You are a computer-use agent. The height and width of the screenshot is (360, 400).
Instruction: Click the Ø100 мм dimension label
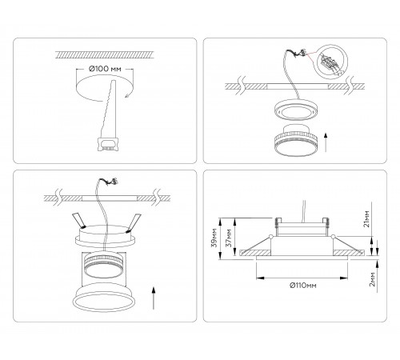(x=105, y=69)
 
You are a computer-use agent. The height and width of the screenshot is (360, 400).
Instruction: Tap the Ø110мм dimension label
(x=303, y=286)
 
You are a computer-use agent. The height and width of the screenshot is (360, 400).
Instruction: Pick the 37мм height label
(x=229, y=238)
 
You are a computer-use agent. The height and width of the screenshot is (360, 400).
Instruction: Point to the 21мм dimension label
(x=366, y=218)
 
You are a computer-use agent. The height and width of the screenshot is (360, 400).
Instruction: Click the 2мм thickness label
(x=372, y=279)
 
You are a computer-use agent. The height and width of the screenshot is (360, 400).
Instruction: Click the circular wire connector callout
(x=330, y=62)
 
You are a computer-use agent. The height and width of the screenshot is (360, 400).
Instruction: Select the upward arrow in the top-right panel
(x=326, y=142)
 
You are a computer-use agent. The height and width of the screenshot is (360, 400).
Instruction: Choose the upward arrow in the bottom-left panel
(x=154, y=298)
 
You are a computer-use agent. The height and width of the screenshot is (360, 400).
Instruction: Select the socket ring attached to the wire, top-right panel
(x=295, y=110)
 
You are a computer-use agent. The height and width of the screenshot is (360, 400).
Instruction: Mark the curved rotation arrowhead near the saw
(x=126, y=96)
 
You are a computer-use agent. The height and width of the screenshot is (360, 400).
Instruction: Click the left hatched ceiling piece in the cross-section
(x=255, y=253)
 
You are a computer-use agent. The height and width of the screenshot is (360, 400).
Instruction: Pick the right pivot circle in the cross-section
(x=333, y=236)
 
